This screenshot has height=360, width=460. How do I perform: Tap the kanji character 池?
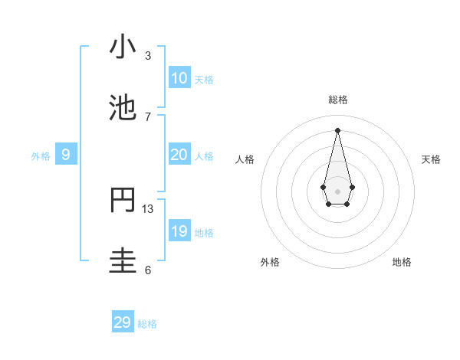point(123,108)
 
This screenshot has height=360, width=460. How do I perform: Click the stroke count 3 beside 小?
point(148,55)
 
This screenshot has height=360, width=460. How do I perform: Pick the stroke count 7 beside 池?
point(148,116)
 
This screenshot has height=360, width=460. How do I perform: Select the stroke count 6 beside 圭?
point(148,270)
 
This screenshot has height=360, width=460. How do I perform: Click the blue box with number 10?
point(179,78)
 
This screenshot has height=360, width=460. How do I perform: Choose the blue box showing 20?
point(179,155)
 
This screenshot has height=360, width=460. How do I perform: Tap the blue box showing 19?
point(179,231)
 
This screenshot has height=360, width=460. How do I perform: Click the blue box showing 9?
point(66,155)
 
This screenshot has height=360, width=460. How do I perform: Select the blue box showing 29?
point(123,322)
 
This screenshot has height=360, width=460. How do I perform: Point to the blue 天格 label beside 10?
point(204,80)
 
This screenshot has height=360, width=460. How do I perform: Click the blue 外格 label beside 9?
point(41,156)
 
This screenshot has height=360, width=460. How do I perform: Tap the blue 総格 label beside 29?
point(147,324)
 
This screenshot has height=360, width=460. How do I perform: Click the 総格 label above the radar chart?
point(337,100)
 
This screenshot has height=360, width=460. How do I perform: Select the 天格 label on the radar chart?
point(431,159)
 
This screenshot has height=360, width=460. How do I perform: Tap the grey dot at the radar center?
point(337,191)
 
